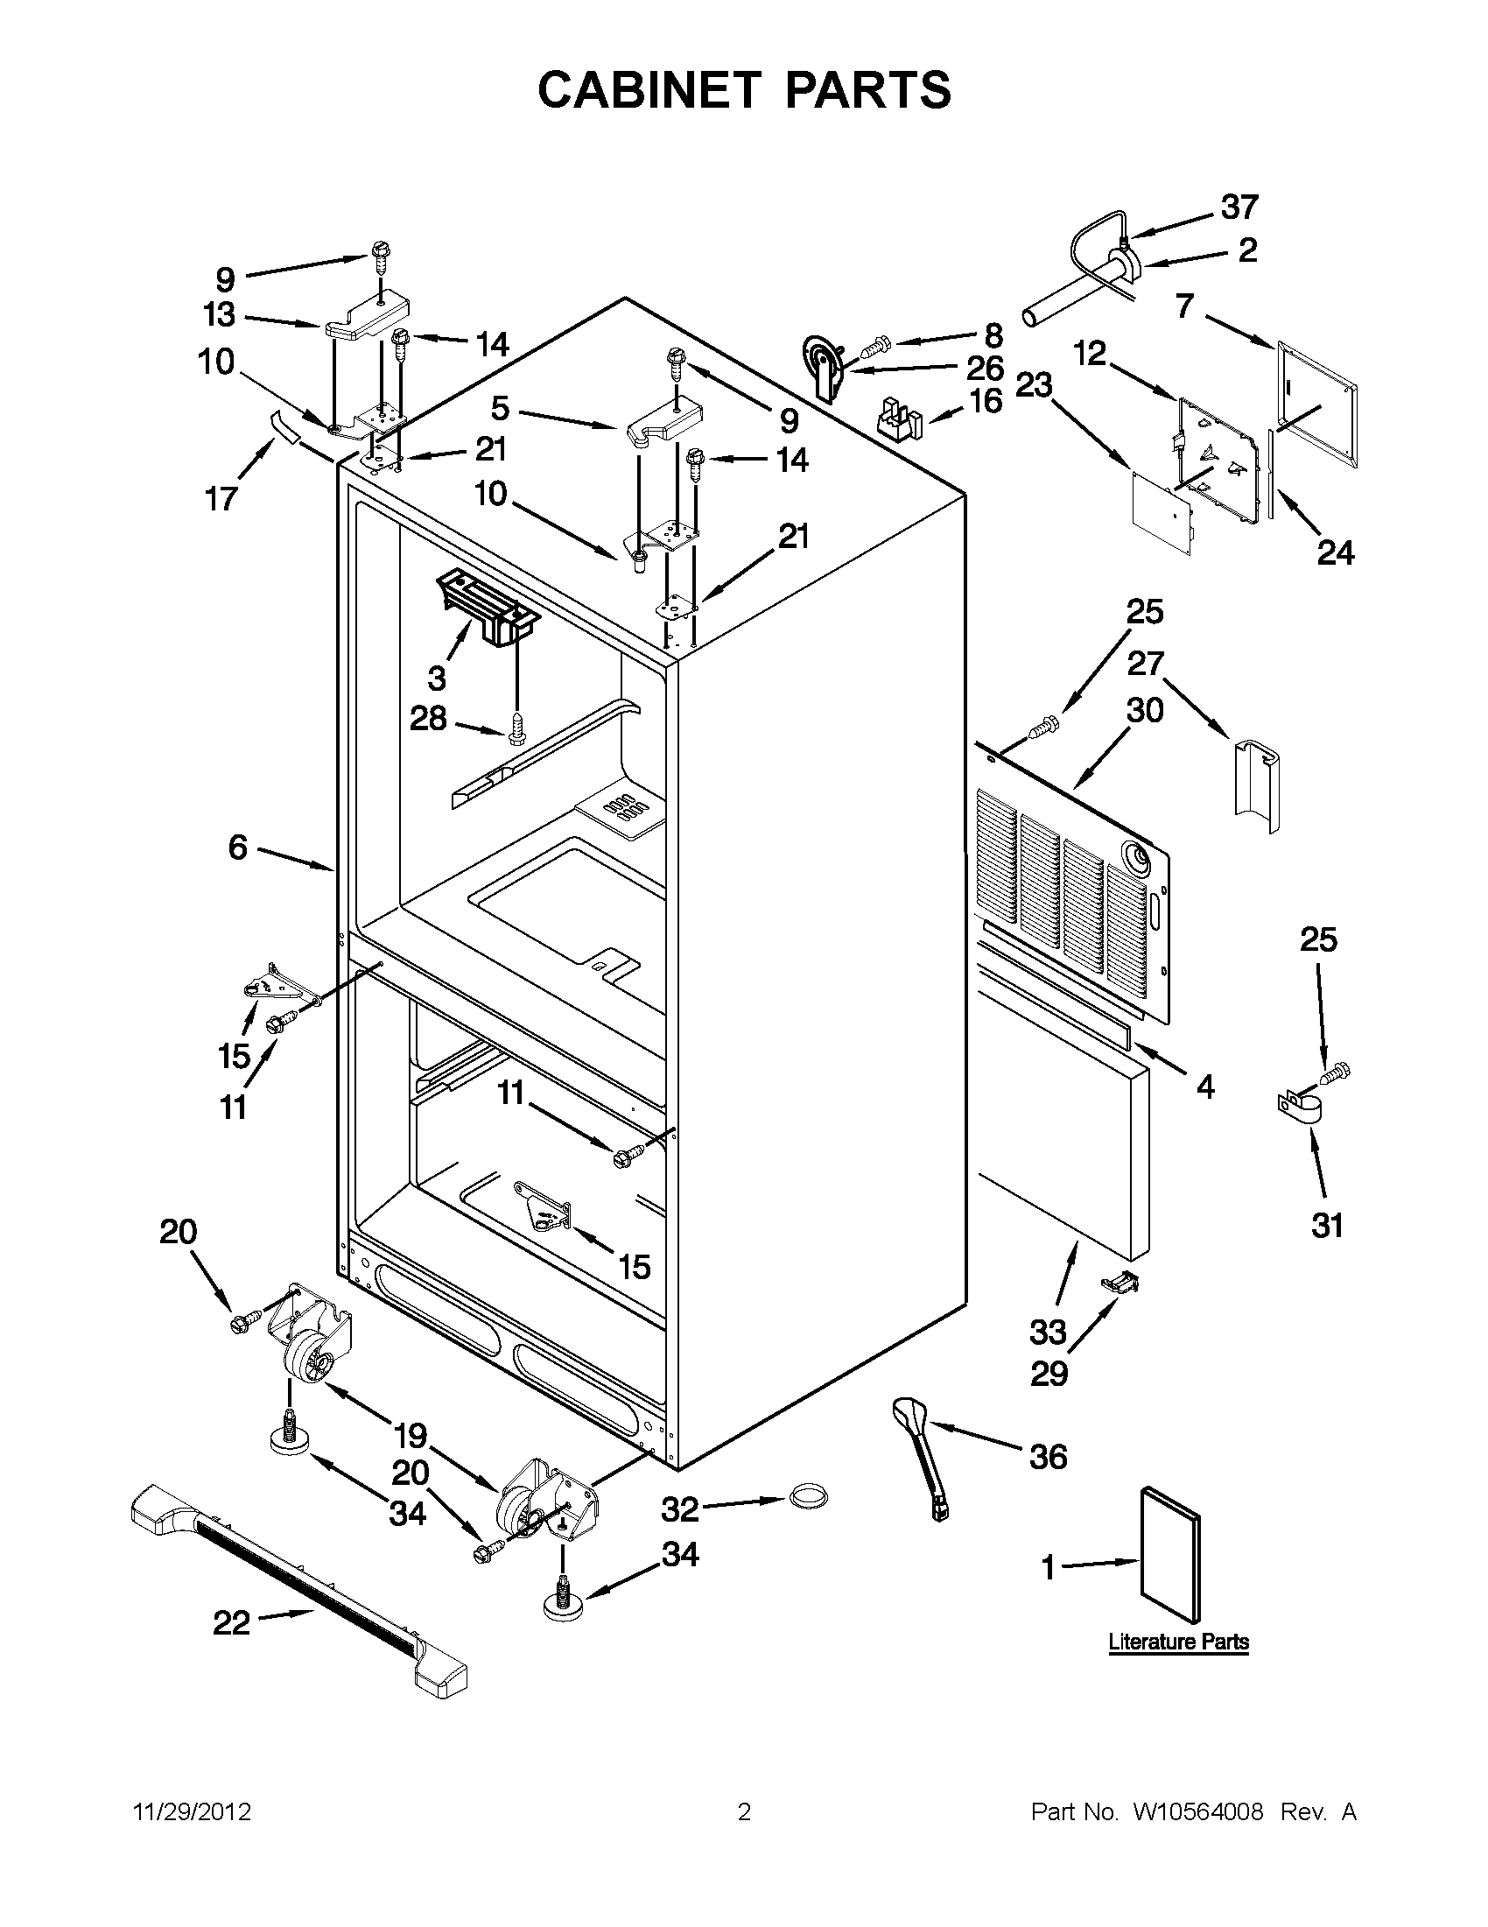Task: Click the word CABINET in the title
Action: [649, 90]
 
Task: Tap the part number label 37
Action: [1239, 207]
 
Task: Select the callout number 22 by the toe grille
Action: [232, 1622]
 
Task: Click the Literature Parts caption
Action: [1178, 1642]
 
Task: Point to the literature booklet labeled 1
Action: [1169, 1556]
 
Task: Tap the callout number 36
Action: [1048, 1457]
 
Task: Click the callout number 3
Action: [437, 678]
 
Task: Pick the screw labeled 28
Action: [517, 728]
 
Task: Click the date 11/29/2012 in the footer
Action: [193, 1812]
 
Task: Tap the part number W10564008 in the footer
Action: [1197, 1812]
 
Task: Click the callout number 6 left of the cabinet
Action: [238, 847]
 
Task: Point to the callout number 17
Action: [221, 498]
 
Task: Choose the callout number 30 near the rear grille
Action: [1145, 709]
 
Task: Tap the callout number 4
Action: [1206, 1087]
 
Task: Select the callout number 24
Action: [1336, 553]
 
